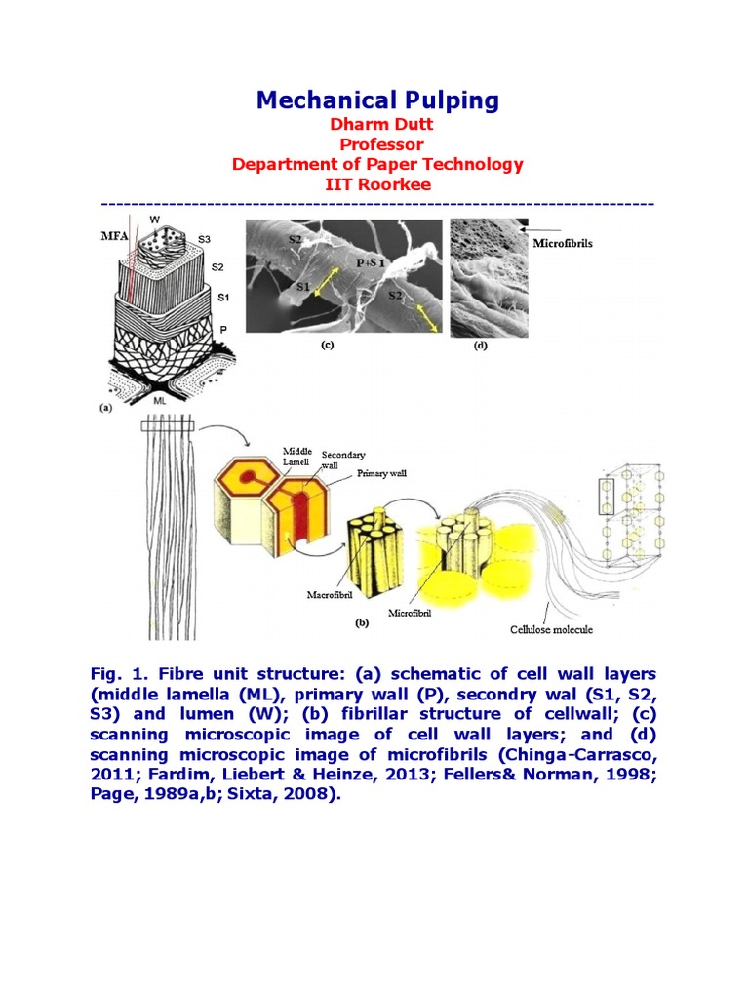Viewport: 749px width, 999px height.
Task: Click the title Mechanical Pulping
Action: tap(377, 100)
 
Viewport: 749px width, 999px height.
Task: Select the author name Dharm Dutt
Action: tap(377, 125)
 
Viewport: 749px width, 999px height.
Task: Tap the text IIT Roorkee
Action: tap(377, 183)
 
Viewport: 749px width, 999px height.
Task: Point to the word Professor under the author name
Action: tap(377, 144)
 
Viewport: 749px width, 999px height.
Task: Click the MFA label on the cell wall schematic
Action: tap(115, 236)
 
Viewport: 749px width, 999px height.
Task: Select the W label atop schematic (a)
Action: tap(155, 220)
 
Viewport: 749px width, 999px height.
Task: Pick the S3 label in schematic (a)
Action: tap(204, 238)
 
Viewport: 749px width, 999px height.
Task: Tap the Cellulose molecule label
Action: tap(552, 629)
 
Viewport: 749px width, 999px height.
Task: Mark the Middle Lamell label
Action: tap(297, 456)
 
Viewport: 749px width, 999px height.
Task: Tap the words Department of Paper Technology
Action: tap(377, 164)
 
